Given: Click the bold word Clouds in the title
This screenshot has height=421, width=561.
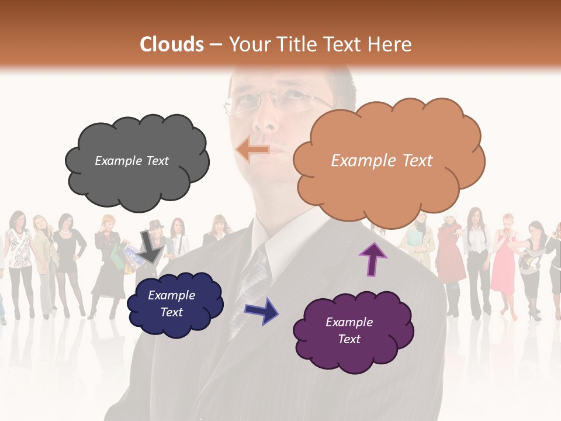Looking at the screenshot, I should click(x=172, y=44).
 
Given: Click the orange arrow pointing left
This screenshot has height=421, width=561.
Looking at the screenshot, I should click(x=253, y=150).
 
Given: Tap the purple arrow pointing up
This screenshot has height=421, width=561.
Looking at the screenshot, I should click(x=372, y=259).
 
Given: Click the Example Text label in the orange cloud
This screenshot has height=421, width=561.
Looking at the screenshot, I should click(x=382, y=161).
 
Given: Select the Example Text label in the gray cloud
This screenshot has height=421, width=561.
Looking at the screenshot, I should click(x=131, y=161).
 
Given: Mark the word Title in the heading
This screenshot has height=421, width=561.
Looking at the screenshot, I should click(x=299, y=44).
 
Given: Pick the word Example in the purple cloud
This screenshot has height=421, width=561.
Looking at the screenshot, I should click(x=349, y=322).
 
